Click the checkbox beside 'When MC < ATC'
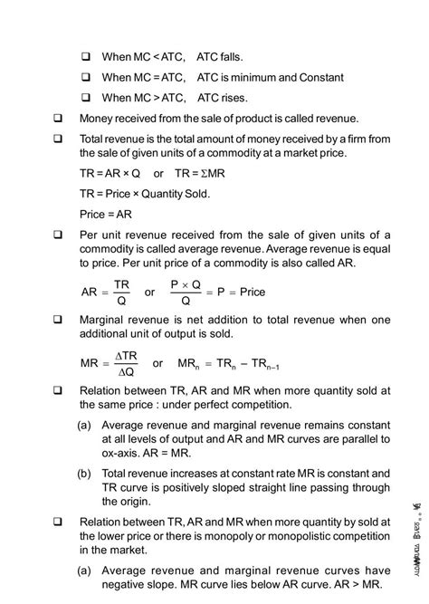pyautogui.click(x=87, y=56)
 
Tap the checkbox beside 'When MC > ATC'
pyautogui.click(x=87, y=97)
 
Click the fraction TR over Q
pyautogui.click(x=121, y=292)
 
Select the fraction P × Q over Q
pyautogui.click(x=186, y=292)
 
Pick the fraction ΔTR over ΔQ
pyautogui.click(x=125, y=363)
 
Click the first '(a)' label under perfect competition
pyautogui.click(x=83, y=424)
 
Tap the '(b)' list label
pyautogui.click(x=83, y=473)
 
